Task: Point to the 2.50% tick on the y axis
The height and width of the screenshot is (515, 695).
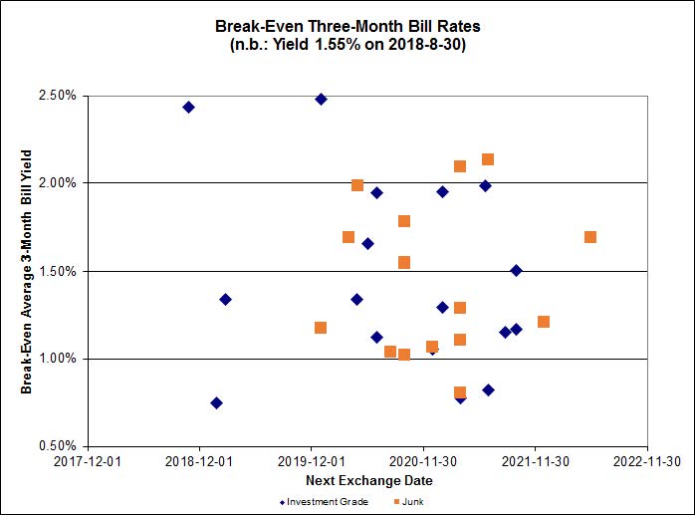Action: (x=56, y=96)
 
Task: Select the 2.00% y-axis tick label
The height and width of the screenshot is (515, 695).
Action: (x=56, y=183)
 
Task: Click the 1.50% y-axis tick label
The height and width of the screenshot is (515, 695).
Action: (x=56, y=271)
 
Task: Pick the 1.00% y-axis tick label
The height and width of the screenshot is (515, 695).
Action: (x=56, y=359)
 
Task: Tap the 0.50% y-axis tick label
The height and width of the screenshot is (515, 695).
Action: (x=56, y=446)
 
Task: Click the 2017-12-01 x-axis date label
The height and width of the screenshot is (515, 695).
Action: (x=88, y=462)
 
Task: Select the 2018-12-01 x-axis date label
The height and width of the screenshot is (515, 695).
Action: (x=199, y=462)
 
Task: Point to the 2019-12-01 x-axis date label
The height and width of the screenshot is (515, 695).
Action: (x=312, y=462)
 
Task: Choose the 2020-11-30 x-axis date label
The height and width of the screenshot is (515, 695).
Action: (x=423, y=462)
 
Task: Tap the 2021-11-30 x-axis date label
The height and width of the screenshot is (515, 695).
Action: (x=536, y=462)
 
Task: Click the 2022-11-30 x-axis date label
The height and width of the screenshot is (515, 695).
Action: (x=647, y=462)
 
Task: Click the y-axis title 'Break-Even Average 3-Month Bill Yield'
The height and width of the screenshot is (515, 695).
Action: (x=27, y=271)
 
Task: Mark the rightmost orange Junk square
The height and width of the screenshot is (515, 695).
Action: (x=590, y=237)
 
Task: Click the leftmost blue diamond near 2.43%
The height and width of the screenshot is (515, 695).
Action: (x=188, y=107)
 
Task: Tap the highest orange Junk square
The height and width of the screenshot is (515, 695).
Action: (x=488, y=159)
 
